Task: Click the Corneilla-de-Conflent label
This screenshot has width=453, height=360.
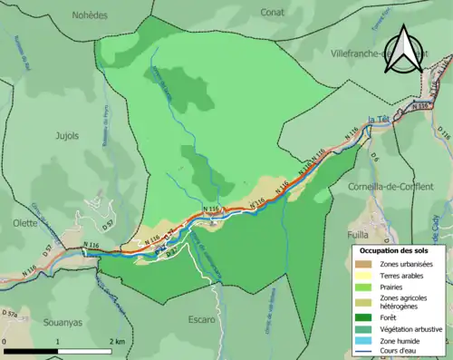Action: pos(390,186)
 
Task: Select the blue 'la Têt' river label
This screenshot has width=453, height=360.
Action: pos(380,117)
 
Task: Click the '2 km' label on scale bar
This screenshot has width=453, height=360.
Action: pos(119,341)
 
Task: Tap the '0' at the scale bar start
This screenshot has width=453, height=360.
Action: pos(6,341)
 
